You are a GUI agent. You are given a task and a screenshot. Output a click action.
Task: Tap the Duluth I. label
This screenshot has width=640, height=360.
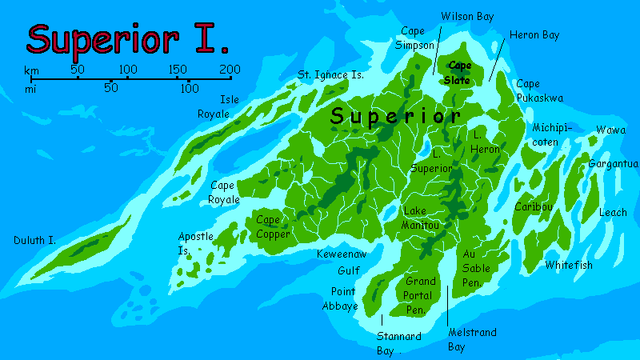[34, 240]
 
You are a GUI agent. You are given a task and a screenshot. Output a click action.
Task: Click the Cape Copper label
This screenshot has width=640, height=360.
[273, 226]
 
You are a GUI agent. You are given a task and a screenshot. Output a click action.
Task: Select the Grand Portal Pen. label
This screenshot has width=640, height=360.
[420, 295]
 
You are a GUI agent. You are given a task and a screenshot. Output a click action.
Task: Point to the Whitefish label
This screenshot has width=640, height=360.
[569, 265]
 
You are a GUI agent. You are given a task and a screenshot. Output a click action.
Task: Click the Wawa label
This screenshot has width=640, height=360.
[611, 130]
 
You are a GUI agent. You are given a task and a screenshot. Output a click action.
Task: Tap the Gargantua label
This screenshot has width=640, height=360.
[614, 164]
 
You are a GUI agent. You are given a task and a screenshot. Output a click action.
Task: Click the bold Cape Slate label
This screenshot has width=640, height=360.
[459, 73]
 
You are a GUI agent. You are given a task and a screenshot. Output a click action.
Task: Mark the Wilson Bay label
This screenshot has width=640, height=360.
[468, 16]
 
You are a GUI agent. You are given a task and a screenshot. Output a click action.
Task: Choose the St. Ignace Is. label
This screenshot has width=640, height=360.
[330, 74]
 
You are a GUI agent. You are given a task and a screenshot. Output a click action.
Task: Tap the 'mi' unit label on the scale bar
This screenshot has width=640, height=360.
[31, 89]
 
